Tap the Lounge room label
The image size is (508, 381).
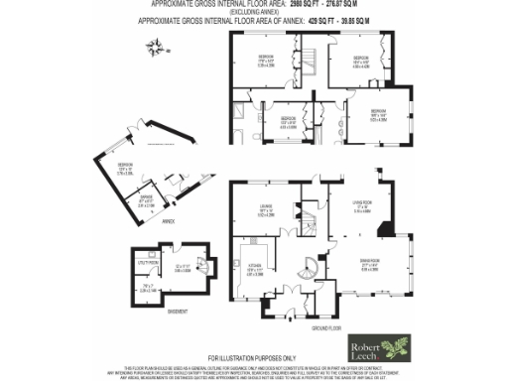coord(266,208)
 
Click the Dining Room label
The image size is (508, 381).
coord(369,266)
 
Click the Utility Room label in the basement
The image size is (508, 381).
coord(143,266)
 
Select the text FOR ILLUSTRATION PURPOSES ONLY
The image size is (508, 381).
coord(252,357)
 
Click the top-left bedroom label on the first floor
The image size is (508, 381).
coord(266,60)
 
